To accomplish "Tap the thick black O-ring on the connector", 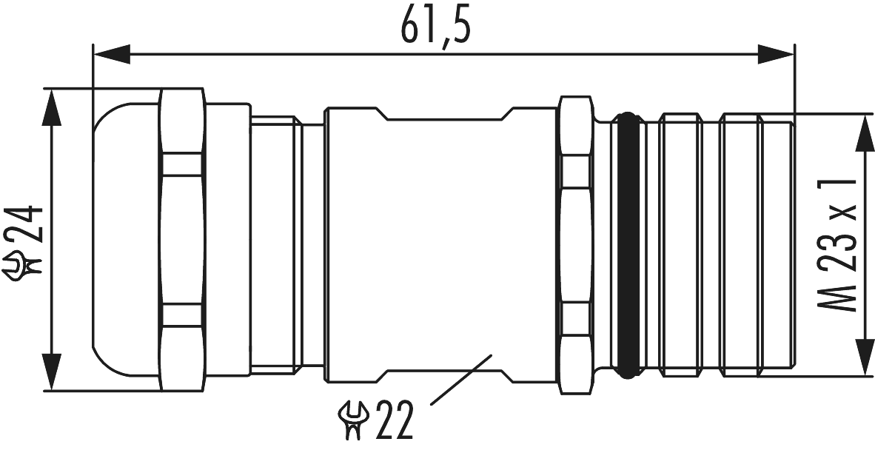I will [x=628, y=244].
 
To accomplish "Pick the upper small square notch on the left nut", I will [x=182, y=164].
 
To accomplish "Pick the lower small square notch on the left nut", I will [x=182, y=316].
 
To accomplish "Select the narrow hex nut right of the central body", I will [x=576, y=244].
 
